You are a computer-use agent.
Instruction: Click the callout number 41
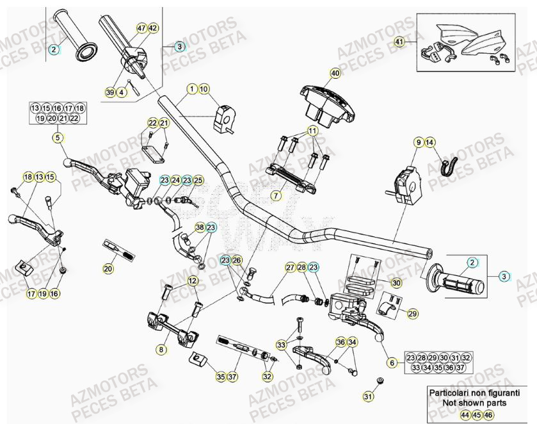(399, 42)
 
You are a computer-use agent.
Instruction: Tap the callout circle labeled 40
(335, 74)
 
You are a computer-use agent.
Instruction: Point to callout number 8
(161, 349)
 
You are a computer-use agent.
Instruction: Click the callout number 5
(58, 136)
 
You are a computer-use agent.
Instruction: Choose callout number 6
(392, 363)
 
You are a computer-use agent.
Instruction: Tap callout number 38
(200, 227)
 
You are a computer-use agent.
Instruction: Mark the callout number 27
(290, 267)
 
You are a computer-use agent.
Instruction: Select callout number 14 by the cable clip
(429, 142)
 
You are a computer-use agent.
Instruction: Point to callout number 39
(110, 93)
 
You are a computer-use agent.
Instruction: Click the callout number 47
(141, 28)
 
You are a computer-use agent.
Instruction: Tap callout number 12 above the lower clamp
(192, 281)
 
